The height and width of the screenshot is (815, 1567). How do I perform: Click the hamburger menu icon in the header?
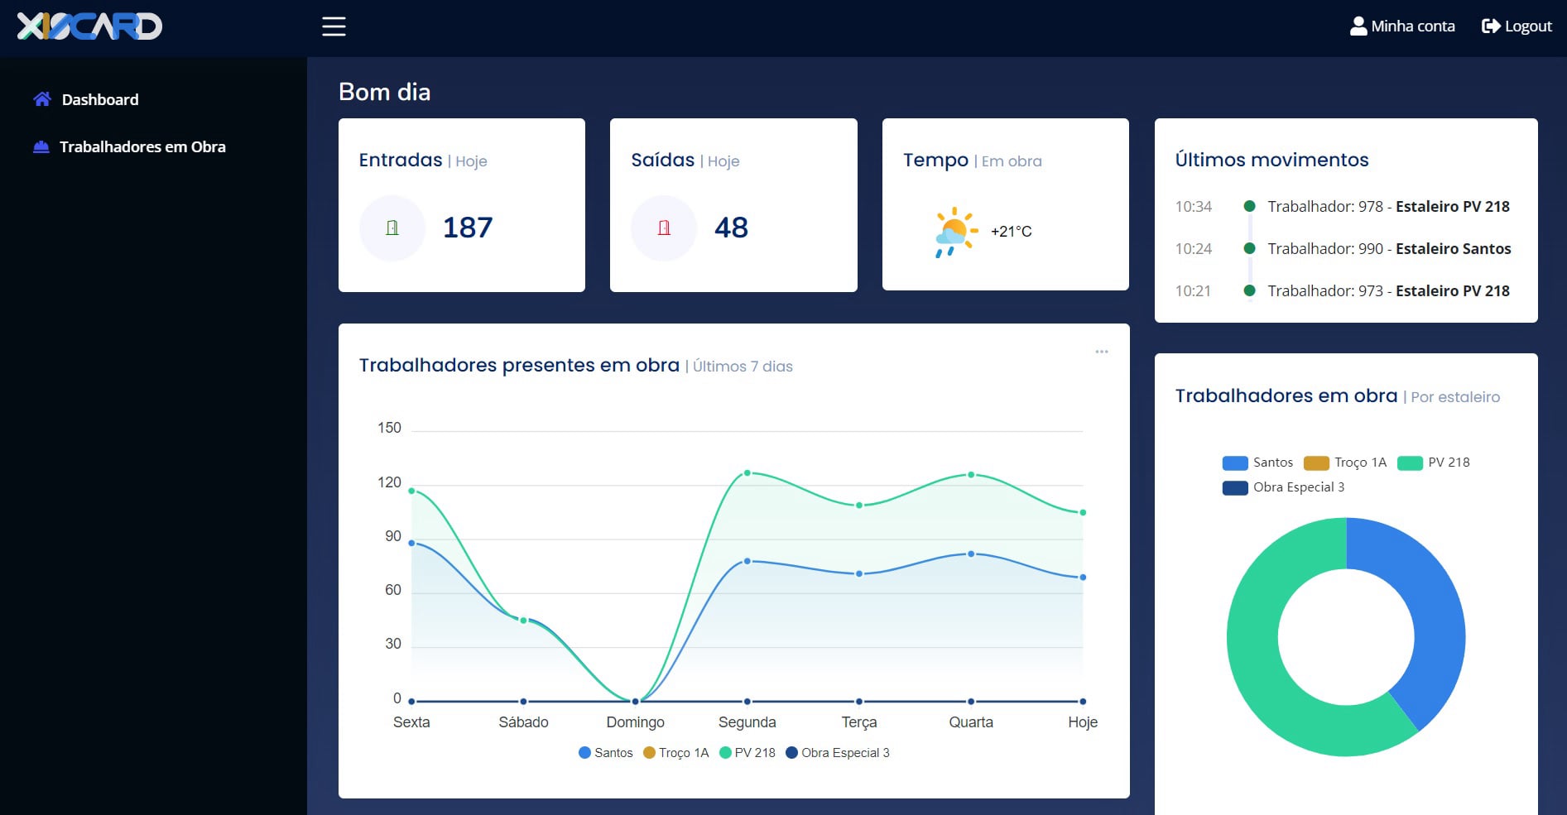tap(334, 26)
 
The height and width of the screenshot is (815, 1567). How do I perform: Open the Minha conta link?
tap(1402, 26)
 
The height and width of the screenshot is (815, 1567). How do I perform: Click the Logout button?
tap(1517, 26)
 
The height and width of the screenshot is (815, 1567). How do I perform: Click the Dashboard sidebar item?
tap(86, 99)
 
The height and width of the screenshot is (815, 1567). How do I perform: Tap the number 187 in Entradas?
tap(468, 228)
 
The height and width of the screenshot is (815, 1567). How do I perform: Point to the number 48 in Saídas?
tap(731, 228)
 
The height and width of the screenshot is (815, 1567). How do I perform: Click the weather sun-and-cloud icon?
tap(955, 232)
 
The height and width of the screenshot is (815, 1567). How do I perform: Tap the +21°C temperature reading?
tap(1012, 232)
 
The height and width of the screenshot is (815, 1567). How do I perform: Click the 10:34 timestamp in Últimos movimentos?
tap(1194, 207)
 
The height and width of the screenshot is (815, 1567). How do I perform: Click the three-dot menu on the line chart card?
tap(1102, 352)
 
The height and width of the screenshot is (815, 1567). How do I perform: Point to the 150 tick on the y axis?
tap(389, 428)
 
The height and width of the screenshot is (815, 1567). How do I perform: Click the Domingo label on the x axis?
tap(635, 722)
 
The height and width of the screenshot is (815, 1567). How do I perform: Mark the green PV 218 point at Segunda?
tap(747, 473)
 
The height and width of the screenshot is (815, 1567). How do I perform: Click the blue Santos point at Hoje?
tap(1083, 578)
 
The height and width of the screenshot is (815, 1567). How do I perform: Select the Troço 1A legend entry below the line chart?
tap(676, 753)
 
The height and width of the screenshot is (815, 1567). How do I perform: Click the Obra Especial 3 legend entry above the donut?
tap(1283, 487)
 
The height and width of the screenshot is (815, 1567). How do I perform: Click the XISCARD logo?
tap(89, 26)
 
